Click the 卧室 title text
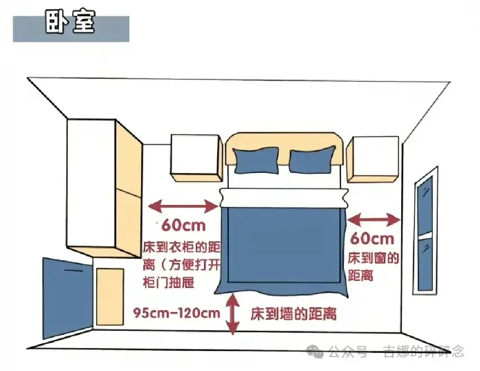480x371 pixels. [x=70, y=21]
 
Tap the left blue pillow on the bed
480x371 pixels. [x=256, y=161]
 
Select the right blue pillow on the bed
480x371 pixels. [x=312, y=160]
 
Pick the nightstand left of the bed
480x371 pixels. [x=196, y=158]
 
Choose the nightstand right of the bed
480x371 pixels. [x=373, y=159]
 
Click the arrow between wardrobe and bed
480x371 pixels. [x=183, y=206]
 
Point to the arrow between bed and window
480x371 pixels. [x=373, y=219]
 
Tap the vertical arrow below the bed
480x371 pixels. [x=233, y=314]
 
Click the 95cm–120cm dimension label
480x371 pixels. [x=176, y=313]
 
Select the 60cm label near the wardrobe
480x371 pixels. [x=183, y=226]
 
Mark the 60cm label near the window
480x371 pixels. [x=372, y=239]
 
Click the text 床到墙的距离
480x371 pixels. [x=293, y=314]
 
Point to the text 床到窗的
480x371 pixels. [x=373, y=258]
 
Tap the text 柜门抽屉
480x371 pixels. [x=169, y=282]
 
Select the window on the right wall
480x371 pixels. [x=426, y=230]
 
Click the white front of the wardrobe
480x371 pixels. [x=91, y=183]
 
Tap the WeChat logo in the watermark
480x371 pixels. [x=315, y=352]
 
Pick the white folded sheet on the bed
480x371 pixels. [x=284, y=198]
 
